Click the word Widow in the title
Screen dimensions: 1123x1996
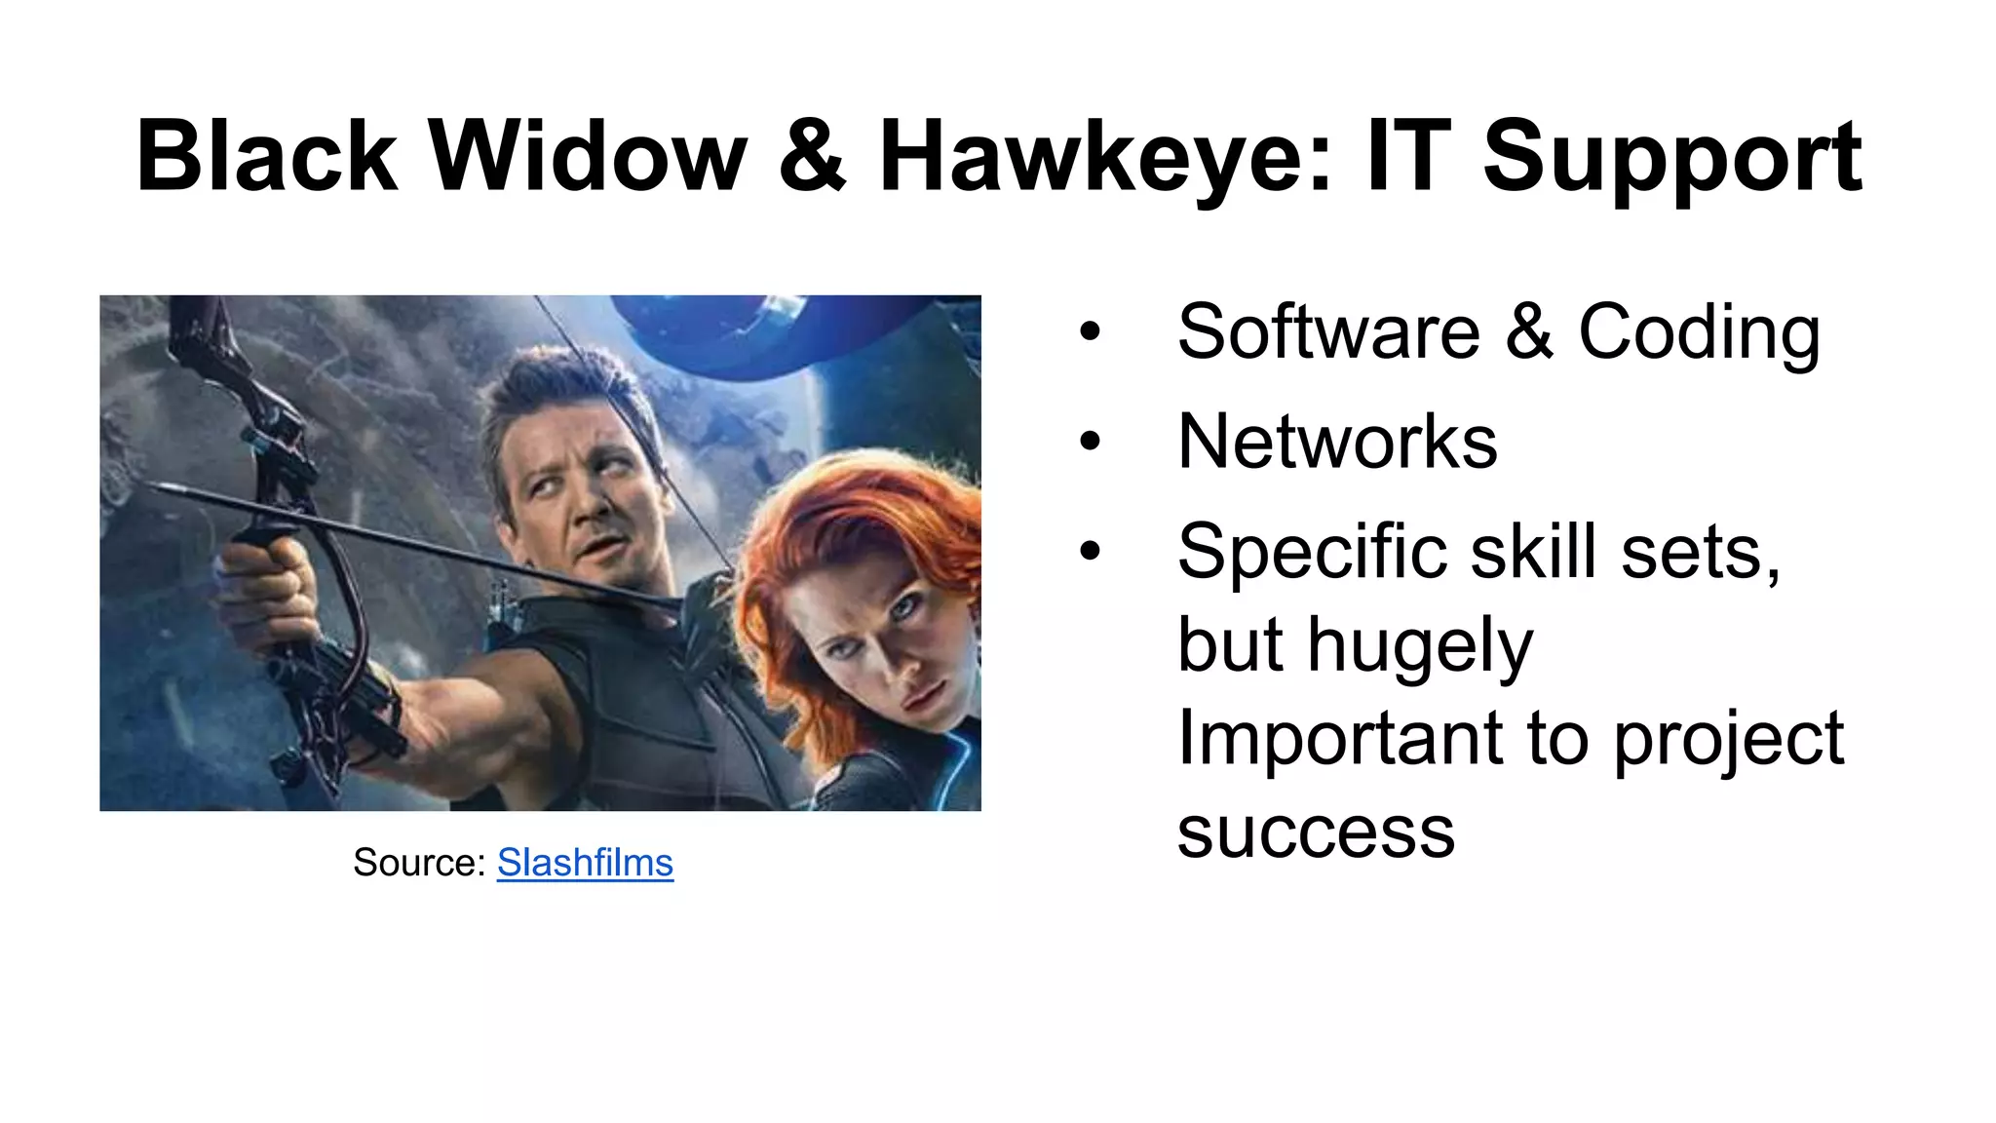pos(588,156)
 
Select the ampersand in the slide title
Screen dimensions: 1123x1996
pos(812,156)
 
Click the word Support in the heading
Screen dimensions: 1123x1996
pos(1671,156)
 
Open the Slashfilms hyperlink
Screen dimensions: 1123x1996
pos(585,863)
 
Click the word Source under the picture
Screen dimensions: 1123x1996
pos(417,863)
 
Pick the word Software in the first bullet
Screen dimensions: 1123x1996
pos(1328,332)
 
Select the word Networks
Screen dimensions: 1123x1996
pos(1337,443)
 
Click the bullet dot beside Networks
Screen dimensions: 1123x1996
pos(1090,442)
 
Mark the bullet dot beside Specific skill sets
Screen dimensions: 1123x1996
pos(1090,552)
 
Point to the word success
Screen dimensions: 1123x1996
pos(1316,833)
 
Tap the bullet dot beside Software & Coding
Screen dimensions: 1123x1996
pos(1090,331)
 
